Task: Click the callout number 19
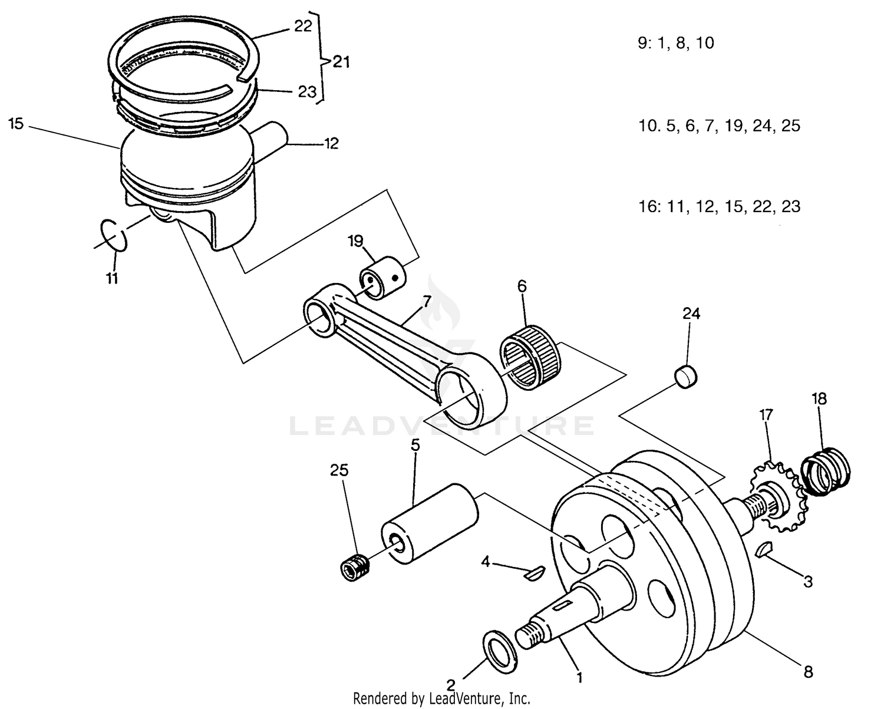click(x=355, y=240)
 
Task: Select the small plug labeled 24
click(x=685, y=375)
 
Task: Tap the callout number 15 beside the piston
click(x=16, y=124)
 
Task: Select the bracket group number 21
click(x=341, y=61)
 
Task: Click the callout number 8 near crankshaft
click(x=808, y=671)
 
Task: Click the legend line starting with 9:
click(x=676, y=43)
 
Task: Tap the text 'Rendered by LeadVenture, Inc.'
click(x=441, y=699)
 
